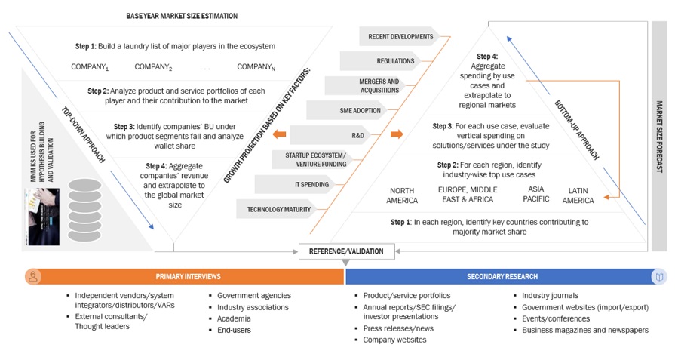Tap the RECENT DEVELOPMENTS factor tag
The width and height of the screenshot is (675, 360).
point(400,36)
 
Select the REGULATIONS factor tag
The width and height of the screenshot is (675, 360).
point(395,60)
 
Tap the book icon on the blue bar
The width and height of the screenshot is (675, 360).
point(659,277)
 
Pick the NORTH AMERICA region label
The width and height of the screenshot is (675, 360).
point(402,195)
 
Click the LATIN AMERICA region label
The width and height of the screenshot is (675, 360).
point(578,195)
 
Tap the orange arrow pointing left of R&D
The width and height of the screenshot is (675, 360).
point(278,136)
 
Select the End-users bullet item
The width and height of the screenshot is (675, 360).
point(235,330)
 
